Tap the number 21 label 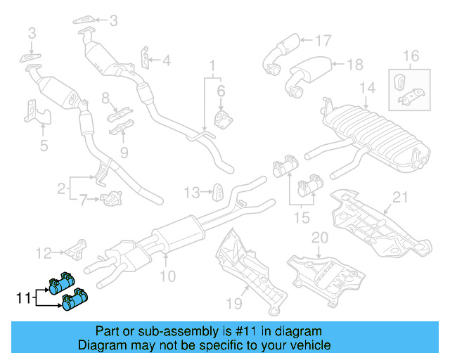[400, 197]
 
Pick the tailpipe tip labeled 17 [281, 53]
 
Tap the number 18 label [355, 65]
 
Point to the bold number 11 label [23, 300]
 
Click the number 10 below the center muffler [167, 277]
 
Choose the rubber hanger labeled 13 [217, 191]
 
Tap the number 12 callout [44, 252]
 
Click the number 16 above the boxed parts [410, 56]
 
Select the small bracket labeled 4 [145, 59]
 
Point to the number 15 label [302, 219]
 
